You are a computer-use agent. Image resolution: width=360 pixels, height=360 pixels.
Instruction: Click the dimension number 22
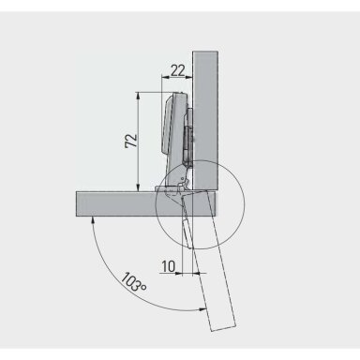click(178, 70)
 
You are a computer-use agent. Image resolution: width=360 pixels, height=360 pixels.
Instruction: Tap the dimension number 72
click(131, 141)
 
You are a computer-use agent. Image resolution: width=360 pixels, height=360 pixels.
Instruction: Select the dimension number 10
click(169, 266)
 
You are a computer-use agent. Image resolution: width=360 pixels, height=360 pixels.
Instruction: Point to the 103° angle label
click(133, 282)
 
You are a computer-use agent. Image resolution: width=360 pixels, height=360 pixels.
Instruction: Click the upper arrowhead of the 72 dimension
click(138, 96)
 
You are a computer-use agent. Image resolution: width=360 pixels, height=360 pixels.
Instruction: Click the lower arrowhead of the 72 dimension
click(138, 187)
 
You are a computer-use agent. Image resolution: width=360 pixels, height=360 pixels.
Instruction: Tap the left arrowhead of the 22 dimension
click(164, 77)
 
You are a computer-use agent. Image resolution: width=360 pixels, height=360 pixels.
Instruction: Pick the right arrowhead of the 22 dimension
click(188, 77)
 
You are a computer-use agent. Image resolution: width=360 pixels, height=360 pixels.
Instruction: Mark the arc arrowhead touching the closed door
click(92, 219)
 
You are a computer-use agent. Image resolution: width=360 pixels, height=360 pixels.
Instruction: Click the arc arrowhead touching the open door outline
click(203, 309)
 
